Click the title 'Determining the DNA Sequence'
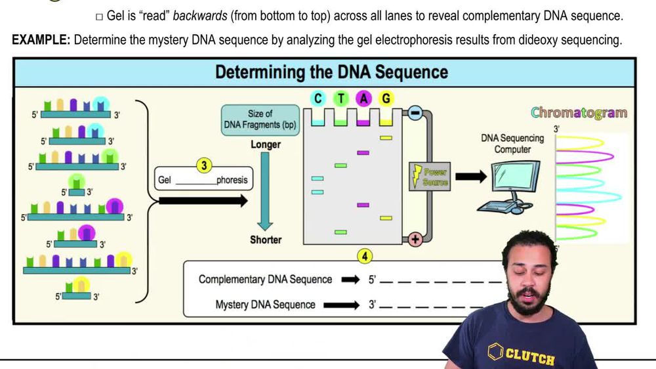[331, 72]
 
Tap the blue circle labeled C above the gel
[318, 98]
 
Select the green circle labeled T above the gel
[340, 98]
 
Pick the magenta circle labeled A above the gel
[363, 98]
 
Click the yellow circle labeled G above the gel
[386, 98]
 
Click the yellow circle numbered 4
[365, 256]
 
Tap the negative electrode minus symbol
[415, 112]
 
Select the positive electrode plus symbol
[415, 240]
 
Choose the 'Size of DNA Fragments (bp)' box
[260, 119]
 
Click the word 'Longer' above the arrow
[266, 144]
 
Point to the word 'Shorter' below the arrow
[266, 240]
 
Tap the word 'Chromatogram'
[579, 112]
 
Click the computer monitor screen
[516, 177]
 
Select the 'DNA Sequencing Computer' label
[512, 144]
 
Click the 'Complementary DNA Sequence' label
[265, 280]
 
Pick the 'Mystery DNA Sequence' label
[265, 305]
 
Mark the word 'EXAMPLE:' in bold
[41, 40]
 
